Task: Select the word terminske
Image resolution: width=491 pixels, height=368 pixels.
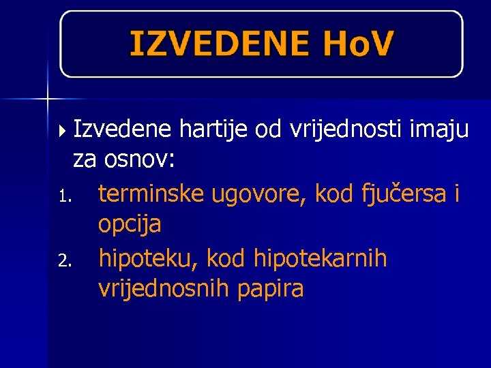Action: tap(151, 194)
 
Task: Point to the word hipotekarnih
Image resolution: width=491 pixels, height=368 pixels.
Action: tap(320, 258)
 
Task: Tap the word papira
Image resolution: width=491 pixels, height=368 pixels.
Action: tap(271, 290)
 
